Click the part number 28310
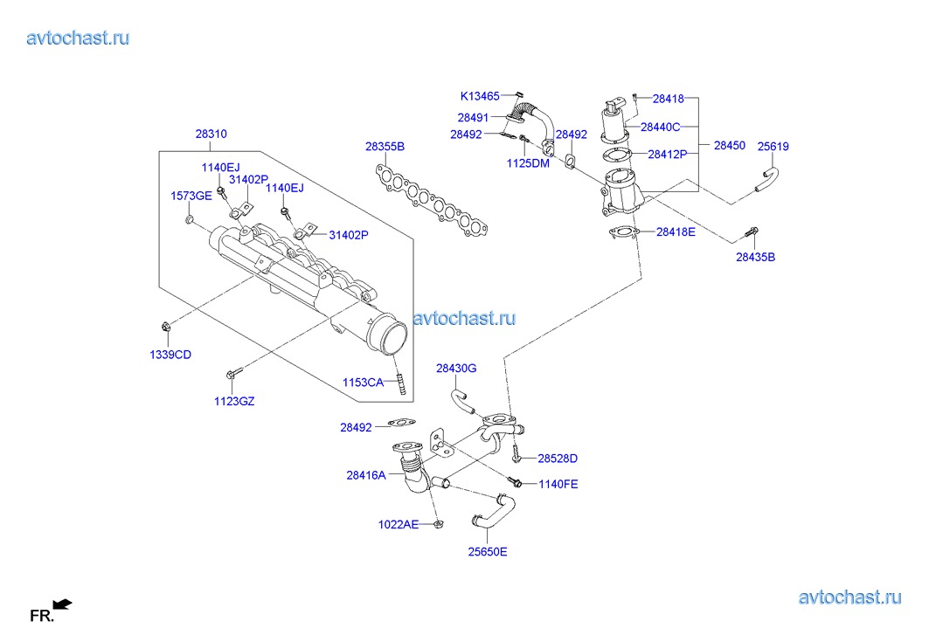point(211,135)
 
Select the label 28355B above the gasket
point(385,147)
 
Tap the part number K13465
point(480,96)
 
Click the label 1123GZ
point(234,401)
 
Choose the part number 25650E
point(487,551)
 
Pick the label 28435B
point(755,258)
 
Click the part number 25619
point(773,147)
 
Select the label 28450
point(730,146)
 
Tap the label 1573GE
point(191,196)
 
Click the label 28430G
point(456,369)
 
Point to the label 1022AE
point(399,524)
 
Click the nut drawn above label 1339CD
point(166,328)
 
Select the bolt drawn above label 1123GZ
point(231,375)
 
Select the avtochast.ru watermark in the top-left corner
point(79,38)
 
